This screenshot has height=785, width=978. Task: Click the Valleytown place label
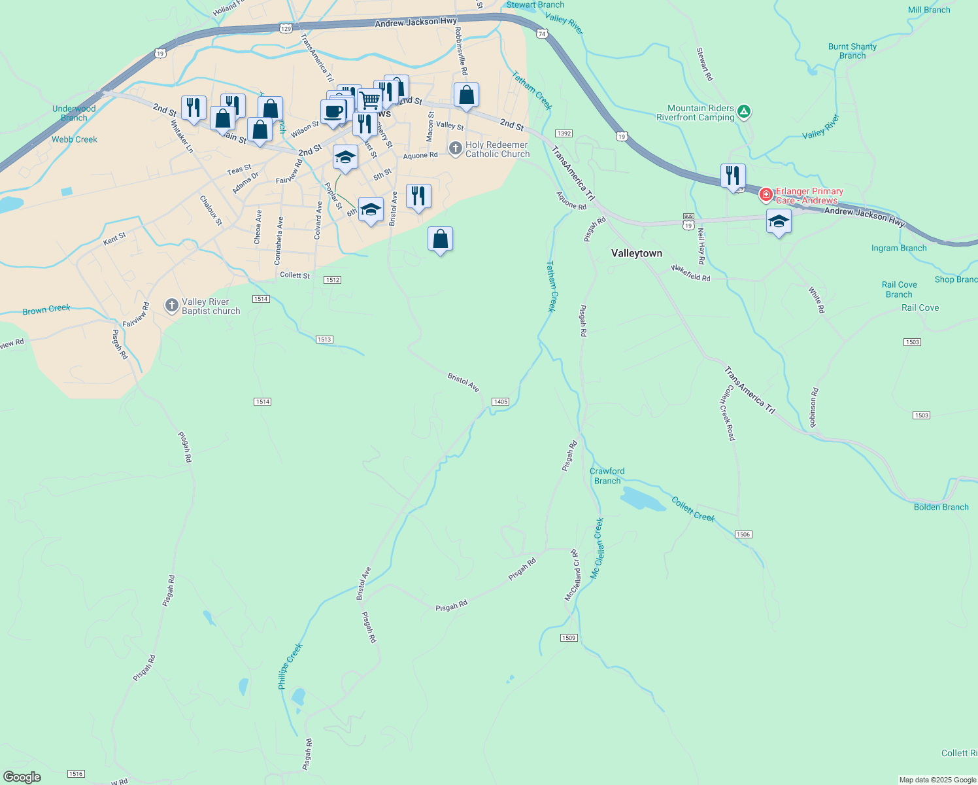tap(636, 253)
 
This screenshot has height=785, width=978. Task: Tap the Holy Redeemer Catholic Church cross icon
tap(455, 149)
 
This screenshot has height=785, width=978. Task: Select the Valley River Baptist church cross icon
tap(171, 305)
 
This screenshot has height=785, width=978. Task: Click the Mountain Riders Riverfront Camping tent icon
tap(743, 112)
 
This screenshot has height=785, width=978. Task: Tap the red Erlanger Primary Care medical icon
tap(766, 194)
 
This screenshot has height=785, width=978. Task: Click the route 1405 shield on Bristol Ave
tap(500, 402)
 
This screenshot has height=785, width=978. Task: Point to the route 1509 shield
tap(569, 638)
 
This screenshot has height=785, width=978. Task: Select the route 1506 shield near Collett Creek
tap(743, 534)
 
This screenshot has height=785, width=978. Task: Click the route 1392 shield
tap(564, 133)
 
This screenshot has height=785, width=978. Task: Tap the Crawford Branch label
tap(607, 476)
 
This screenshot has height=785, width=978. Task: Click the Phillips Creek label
tap(290, 666)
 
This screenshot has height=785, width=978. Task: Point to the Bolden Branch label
tap(941, 507)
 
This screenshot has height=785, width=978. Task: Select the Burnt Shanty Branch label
tap(852, 51)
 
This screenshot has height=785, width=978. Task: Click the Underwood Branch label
tap(74, 113)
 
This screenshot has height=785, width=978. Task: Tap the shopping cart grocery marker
tap(369, 100)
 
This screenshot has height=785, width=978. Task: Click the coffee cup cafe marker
tap(333, 111)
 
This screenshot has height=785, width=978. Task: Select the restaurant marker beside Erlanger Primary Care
tap(733, 176)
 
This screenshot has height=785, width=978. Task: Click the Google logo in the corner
tap(22, 777)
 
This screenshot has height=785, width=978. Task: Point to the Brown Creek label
tap(46, 309)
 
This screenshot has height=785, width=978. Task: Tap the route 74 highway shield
tap(542, 33)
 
